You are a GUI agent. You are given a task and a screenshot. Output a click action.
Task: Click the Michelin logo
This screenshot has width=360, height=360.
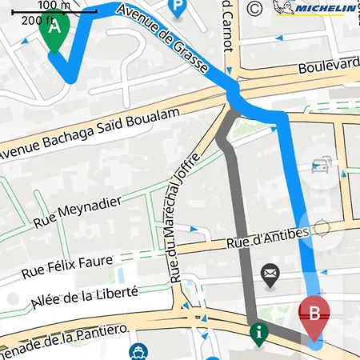314,8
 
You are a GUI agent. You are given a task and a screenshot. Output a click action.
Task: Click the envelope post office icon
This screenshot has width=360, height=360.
270,276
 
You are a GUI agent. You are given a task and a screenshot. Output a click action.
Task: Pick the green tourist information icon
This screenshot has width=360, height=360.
258,332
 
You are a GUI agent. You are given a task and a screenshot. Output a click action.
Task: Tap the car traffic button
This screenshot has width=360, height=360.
322,167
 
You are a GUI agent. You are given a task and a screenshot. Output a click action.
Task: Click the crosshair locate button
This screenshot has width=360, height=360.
322,229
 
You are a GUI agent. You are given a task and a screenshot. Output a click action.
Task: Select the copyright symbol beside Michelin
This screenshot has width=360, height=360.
255,9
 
